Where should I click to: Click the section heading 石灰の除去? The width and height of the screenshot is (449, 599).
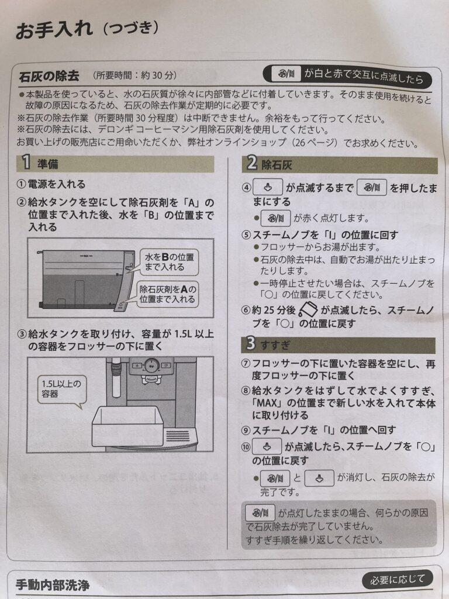(x=49, y=75)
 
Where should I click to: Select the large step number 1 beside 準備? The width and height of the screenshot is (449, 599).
(x=26, y=162)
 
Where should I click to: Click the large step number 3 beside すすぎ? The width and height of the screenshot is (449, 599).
(x=250, y=343)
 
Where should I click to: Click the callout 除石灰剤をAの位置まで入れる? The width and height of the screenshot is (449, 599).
(x=167, y=294)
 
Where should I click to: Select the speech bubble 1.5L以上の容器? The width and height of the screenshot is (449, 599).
(x=62, y=390)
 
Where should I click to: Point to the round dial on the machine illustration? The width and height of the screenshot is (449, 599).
(x=151, y=366)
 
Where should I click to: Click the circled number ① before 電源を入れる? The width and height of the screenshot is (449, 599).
(x=22, y=184)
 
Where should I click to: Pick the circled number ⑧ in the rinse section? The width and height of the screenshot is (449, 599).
(x=246, y=390)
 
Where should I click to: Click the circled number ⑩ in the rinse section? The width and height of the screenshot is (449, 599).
(x=246, y=446)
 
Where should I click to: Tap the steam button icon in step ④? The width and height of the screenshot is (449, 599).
(x=268, y=188)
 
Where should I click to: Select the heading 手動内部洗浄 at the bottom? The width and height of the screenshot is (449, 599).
(x=53, y=585)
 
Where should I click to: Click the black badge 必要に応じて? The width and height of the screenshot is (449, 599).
(x=398, y=580)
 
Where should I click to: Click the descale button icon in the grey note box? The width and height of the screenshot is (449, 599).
(x=260, y=513)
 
